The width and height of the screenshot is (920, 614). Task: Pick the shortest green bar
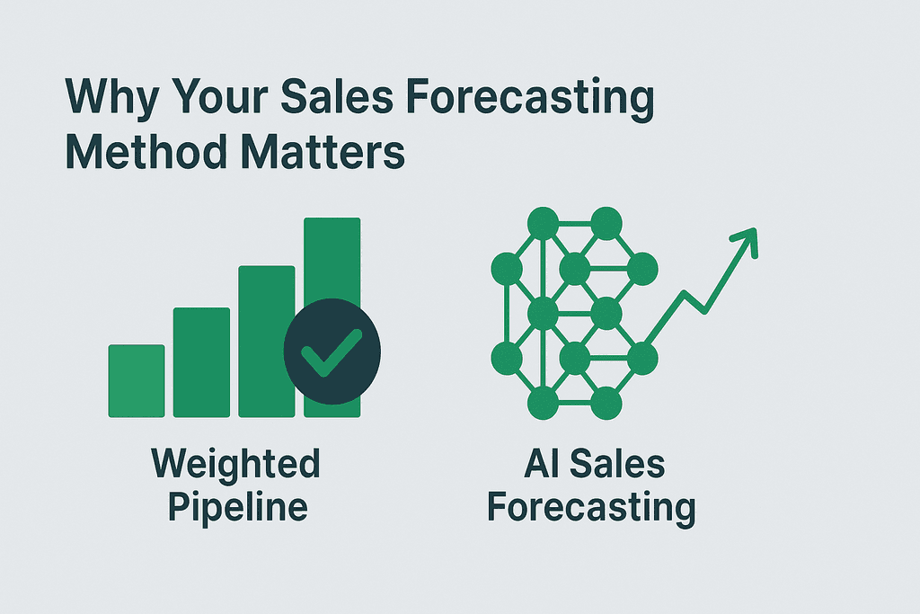pos(137,381)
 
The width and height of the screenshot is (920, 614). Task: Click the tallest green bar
pos(332,261)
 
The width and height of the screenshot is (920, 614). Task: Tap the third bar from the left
pos(267,342)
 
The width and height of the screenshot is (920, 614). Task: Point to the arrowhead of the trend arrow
pos(746,238)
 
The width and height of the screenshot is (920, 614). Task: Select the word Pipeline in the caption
pos(235,508)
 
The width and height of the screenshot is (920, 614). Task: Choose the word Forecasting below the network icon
pos(590,508)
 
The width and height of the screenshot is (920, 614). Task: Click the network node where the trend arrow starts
pos(641,359)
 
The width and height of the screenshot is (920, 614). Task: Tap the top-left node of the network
pos(541,222)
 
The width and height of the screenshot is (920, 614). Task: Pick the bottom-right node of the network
pos(606,402)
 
